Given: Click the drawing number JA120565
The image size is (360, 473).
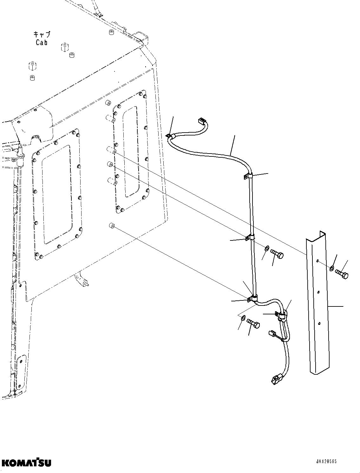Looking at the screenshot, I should pyautogui.click(x=335, y=462).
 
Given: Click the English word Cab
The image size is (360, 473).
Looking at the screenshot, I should pyautogui.click(x=42, y=43).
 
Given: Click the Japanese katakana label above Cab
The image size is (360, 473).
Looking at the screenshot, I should pyautogui.click(x=42, y=34).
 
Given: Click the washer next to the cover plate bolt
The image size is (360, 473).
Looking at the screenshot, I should pyautogui.click(x=331, y=268).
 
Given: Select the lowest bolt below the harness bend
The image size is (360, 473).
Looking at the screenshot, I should pyautogui.click(x=253, y=323).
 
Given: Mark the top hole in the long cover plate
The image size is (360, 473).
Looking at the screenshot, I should pyautogui.click(x=317, y=261).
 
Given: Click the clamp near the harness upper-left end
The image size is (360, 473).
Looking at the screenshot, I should pyautogui.click(x=169, y=137).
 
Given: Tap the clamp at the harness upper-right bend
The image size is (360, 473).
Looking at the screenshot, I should pyautogui.click(x=248, y=176).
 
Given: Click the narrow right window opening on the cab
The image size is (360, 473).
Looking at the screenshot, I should pyautogui.click(x=131, y=152).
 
